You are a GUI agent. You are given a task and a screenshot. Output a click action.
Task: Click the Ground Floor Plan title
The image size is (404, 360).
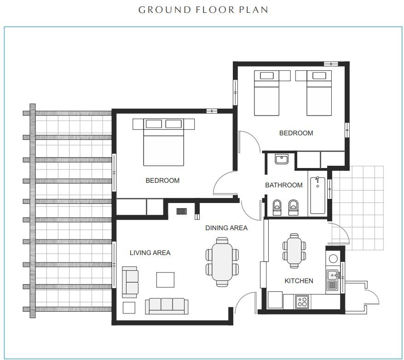(203, 10)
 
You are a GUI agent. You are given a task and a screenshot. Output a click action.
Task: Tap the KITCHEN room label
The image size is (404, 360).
(299, 281)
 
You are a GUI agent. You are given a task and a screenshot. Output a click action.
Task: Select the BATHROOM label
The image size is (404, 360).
(284, 185)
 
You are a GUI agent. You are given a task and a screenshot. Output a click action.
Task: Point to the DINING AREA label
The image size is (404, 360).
(226, 228)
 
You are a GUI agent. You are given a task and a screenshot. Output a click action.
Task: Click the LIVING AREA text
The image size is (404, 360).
(150, 253)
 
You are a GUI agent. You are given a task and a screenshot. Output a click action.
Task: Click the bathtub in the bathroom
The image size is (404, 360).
(317, 195)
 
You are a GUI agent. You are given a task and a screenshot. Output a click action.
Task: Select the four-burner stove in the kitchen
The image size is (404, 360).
(302, 302)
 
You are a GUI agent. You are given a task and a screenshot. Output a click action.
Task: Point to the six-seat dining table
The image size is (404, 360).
(222, 262)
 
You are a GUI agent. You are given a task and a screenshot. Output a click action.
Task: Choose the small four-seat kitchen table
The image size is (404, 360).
(294, 251)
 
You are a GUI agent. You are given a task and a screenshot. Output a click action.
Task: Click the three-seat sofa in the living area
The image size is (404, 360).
(167, 306)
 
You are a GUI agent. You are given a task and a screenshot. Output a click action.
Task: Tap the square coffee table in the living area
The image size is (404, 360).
(165, 279)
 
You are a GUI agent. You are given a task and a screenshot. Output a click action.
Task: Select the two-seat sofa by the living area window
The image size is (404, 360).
(130, 282)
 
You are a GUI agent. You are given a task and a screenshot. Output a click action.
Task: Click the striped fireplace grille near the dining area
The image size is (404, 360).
(181, 211)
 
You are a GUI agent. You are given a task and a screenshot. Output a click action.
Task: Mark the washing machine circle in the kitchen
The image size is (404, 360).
(333, 258)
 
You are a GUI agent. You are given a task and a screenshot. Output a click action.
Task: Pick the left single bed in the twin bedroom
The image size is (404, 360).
(266, 93)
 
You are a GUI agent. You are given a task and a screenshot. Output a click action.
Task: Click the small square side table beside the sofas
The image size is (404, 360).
(129, 308)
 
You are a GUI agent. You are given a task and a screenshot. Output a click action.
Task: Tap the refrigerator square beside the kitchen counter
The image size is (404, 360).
(275, 300)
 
